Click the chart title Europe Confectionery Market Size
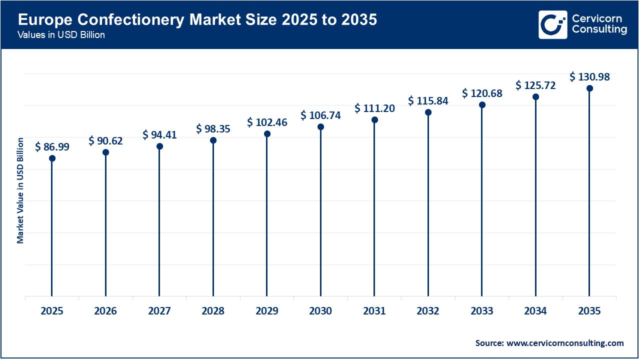click(x=197, y=20)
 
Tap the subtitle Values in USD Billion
click(x=61, y=35)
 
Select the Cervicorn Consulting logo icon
click(x=552, y=24)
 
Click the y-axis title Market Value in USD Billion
click(x=20, y=190)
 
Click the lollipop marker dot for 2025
click(x=52, y=158)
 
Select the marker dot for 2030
click(x=320, y=126)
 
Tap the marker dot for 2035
click(x=589, y=88)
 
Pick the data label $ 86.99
click(x=52, y=147)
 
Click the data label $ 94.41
click(x=159, y=134)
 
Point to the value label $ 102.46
click(x=267, y=122)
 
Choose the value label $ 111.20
click(x=374, y=108)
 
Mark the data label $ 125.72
click(x=535, y=85)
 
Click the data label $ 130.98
click(x=589, y=77)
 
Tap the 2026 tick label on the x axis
click(x=105, y=311)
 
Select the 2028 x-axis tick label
click(x=213, y=311)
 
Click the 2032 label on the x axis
click(x=428, y=311)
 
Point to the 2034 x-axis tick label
click(x=535, y=311)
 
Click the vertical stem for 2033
click(x=482, y=200)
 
